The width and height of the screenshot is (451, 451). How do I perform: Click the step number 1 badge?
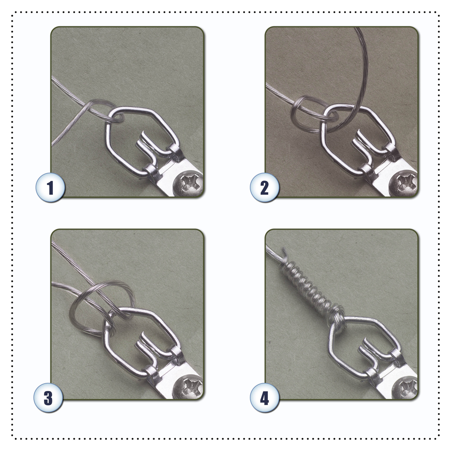(51, 188)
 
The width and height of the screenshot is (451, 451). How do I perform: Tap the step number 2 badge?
(265, 188)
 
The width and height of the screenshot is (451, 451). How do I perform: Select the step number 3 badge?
(48, 398)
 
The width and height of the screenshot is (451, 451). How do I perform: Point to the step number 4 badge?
(265, 398)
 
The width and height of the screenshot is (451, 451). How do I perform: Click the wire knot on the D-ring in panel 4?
(336, 319)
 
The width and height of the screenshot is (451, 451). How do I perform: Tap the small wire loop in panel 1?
(101, 111)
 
